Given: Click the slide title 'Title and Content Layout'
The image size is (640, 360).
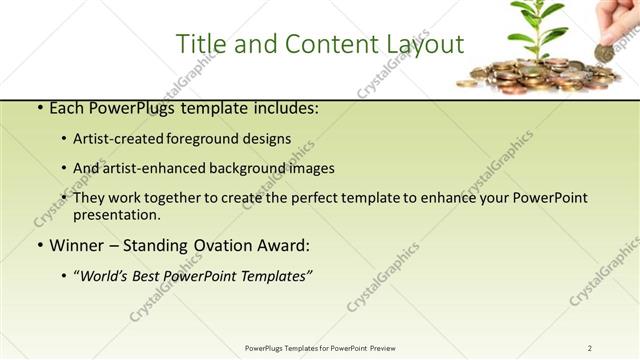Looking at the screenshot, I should [x=319, y=44].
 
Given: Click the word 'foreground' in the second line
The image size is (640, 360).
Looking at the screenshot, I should [x=205, y=139].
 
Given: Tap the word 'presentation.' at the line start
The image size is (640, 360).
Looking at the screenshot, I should [x=116, y=214].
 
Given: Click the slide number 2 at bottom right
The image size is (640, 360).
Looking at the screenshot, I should [x=590, y=348].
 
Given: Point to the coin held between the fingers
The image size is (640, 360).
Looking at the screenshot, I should [x=605, y=52].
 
